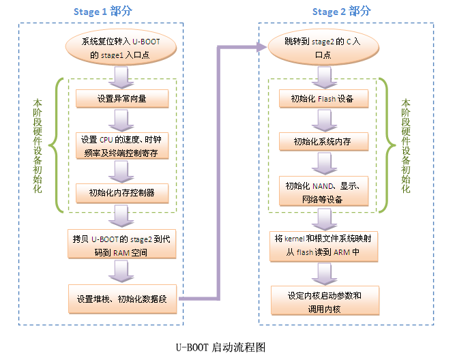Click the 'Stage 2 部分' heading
[342, 12]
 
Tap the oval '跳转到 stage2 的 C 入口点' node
[323, 48]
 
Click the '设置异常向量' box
[122, 99]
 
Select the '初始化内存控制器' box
[122, 193]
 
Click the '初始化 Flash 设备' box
[325, 99]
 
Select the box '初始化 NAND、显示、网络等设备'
[325, 192]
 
